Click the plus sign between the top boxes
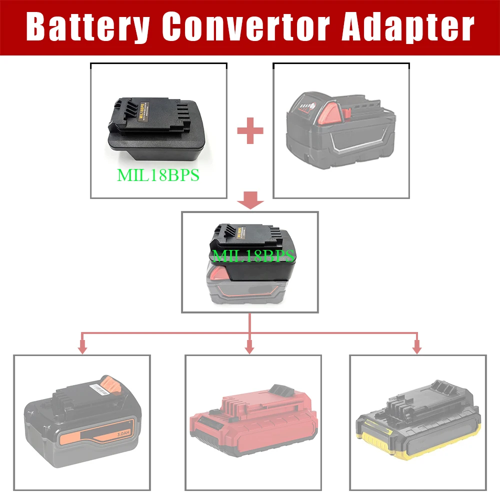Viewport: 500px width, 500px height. [250, 131]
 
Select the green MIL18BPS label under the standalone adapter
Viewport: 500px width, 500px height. [158, 175]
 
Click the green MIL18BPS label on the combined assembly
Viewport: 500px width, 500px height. [252, 256]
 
